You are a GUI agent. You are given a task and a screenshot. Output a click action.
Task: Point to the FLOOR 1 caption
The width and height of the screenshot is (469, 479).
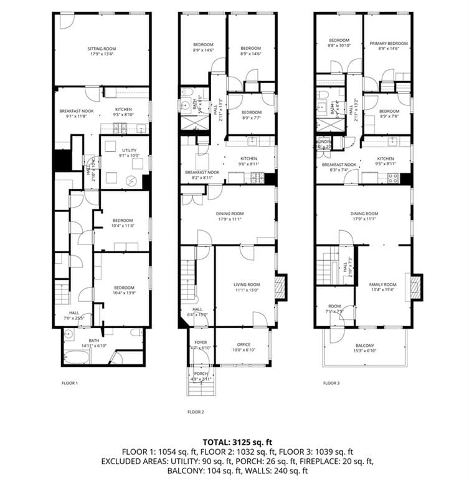point(69,382)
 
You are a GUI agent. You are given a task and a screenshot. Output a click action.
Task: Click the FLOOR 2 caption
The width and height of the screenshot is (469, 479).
point(196,412)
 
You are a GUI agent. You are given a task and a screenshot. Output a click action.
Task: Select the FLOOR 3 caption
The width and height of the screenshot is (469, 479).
point(331,382)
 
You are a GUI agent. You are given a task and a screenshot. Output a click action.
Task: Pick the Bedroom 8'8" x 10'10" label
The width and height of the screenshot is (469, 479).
point(339,43)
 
